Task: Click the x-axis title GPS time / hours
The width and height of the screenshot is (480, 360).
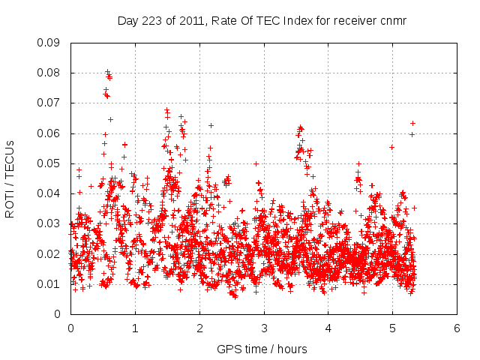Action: [262, 349]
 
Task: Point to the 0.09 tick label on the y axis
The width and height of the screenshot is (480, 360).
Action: [50, 43]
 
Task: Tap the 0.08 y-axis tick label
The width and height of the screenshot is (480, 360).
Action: [50, 73]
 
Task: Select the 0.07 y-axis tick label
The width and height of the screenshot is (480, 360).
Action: [50, 103]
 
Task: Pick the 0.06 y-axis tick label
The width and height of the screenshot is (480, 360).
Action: [50, 133]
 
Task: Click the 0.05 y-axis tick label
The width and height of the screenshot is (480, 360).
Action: [50, 163]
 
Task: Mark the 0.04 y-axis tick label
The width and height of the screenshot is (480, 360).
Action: [50, 193]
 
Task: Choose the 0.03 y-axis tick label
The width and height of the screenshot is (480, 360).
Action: [50, 223]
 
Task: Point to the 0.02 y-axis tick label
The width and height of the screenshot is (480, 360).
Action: [50, 253]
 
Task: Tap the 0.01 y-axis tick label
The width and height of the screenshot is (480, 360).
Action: [50, 283]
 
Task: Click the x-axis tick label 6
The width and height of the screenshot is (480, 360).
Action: [457, 328]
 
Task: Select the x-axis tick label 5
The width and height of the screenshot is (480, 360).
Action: [392, 328]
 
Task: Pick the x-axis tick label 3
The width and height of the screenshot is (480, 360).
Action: [264, 328]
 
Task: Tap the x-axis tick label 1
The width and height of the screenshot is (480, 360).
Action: [135, 328]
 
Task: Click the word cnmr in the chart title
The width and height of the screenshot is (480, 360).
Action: [392, 21]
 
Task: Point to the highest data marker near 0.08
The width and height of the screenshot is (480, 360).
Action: [107, 72]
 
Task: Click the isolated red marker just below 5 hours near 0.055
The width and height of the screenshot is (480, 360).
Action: [391, 147]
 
